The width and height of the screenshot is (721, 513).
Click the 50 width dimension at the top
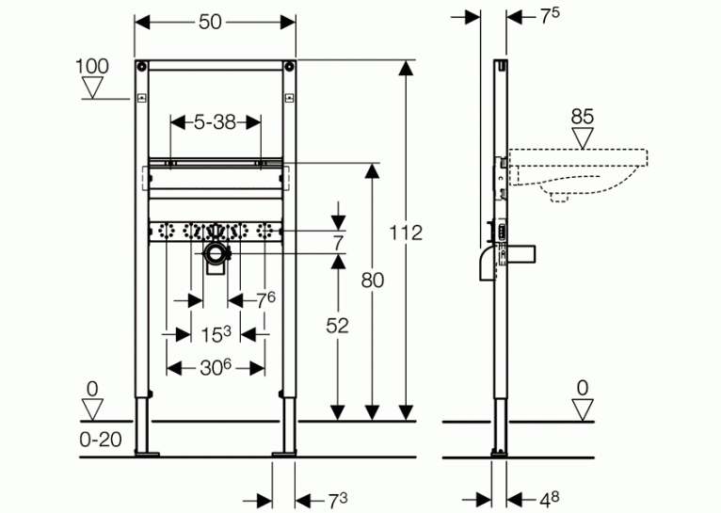(210, 22)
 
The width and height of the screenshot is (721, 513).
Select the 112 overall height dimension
(406, 233)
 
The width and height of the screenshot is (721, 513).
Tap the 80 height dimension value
(373, 280)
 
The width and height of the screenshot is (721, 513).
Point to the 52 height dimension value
(338, 326)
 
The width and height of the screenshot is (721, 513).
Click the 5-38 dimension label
(215, 122)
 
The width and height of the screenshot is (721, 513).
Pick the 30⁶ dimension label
(216, 368)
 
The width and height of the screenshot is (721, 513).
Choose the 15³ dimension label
(216, 334)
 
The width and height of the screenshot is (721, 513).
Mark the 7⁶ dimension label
(265, 300)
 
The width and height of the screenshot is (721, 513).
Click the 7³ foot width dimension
(338, 501)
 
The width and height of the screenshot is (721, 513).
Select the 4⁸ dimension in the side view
(550, 499)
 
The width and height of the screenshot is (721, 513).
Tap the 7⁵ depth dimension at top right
(550, 16)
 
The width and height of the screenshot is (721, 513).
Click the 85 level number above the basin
(582, 117)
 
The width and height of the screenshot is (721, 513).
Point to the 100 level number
(92, 66)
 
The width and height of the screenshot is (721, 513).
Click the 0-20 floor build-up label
(101, 440)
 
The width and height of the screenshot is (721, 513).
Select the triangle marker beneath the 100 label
(92, 88)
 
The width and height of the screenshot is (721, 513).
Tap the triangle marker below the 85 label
(583, 138)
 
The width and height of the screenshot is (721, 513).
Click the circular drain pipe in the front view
(216, 254)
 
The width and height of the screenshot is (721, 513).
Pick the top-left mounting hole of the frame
(141, 66)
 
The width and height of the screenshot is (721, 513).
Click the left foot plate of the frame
(147, 455)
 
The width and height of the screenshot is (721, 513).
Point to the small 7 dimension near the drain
(339, 243)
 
